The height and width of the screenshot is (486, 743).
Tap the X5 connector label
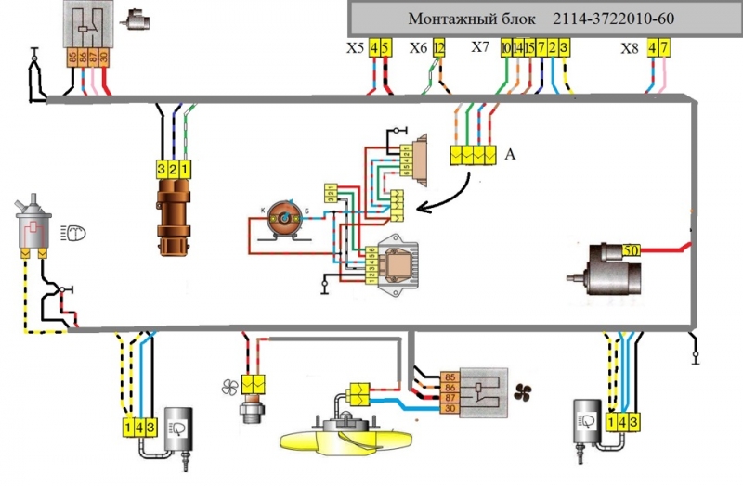[355, 46]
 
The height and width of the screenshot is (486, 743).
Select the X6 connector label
[418, 46]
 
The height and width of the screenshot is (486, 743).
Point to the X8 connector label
[631, 46]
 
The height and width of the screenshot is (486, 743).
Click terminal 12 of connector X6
[439, 46]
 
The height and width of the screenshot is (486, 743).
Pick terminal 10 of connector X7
[505, 46]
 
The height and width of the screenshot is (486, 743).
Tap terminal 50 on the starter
[631, 250]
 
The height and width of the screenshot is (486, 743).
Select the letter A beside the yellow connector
[509, 155]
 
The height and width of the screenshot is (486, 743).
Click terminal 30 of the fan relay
[450, 409]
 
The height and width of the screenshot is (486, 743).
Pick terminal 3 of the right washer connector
[634, 422]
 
